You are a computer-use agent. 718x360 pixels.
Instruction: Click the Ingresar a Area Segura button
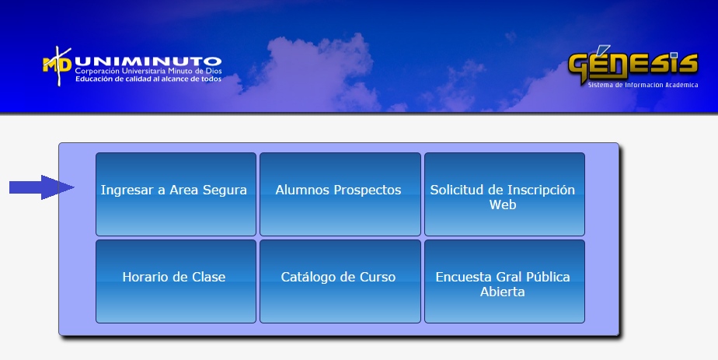coord(176,194)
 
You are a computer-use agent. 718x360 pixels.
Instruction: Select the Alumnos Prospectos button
coord(340,194)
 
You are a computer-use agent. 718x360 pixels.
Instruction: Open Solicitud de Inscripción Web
coord(504,194)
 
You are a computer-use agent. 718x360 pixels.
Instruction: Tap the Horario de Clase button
coord(176,281)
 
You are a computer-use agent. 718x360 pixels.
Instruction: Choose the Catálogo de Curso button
coord(340,281)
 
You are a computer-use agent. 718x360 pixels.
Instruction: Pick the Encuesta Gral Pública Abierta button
coord(504,281)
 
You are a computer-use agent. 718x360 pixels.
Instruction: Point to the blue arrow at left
coord(42,187)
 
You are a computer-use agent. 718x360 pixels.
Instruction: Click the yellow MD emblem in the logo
coord(58,65)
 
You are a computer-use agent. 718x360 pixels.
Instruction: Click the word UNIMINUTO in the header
coord(148,61)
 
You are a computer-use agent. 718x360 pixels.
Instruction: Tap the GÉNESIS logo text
coord(633,64)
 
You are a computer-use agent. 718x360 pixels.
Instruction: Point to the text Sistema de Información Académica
coord(643,86)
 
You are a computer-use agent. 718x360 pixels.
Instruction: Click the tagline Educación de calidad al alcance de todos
coord(148,79)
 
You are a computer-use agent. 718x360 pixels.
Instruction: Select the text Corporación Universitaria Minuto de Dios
coord(148,71)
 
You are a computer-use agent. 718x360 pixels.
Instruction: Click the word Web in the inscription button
coord(503,204)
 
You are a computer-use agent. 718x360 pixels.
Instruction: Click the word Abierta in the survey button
coord(502,292)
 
